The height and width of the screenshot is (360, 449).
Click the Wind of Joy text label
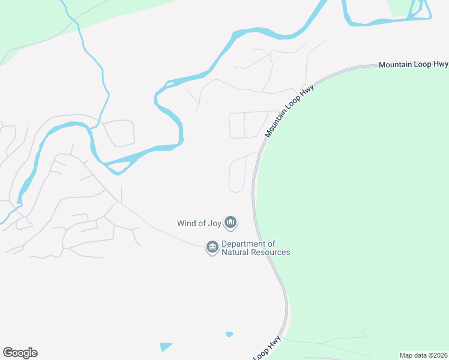pos(199,223)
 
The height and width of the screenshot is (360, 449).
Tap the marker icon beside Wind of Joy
pos(231,223)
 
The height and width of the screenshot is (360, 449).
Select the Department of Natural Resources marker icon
pos(211,247)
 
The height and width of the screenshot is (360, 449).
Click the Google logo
pos(20,353)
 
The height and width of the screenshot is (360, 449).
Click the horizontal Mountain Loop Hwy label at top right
pos(414,64)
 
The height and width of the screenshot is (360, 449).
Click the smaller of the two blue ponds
pos(229,334)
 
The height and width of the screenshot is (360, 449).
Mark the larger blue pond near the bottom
pos(166,346)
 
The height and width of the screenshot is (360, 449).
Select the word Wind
pos(187,223)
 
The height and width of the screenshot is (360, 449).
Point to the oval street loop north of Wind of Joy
pos(237,174)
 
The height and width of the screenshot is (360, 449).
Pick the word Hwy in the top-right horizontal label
pos(439,64)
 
